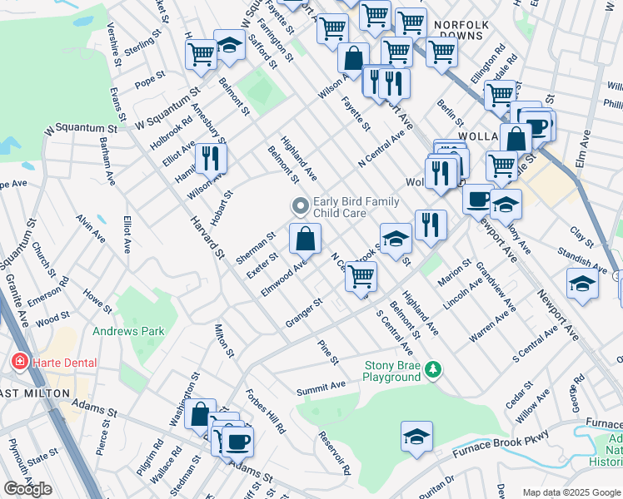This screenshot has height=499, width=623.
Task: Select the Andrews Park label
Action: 128,331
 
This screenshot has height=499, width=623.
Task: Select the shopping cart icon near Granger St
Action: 361,277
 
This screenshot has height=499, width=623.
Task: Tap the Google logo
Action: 27,489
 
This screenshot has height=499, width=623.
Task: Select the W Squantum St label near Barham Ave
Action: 80,130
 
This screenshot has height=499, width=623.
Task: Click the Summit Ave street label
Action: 321,388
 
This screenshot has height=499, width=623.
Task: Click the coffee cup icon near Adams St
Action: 238,441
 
